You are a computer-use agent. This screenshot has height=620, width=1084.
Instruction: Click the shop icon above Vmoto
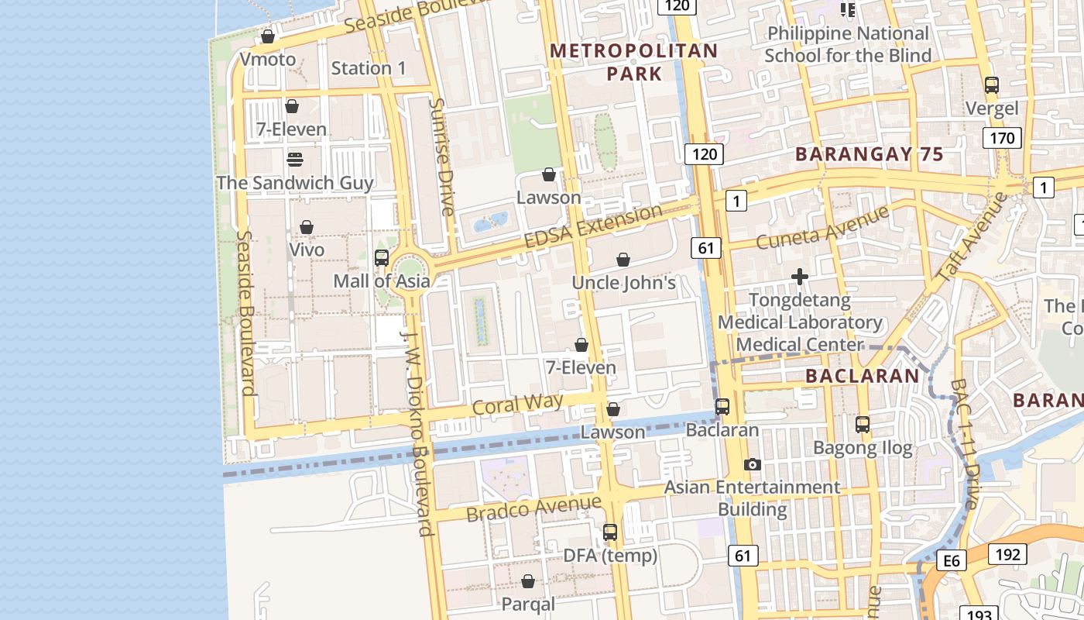(x=268, y=36)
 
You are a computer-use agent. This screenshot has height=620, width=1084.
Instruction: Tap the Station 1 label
(x=369, y=68)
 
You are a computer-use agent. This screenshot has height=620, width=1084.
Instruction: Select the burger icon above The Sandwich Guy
(x=294, y=160)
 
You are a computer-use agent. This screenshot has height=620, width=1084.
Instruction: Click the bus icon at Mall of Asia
(x=382, y=258)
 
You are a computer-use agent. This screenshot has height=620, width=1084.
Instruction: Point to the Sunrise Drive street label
(x=442, y=157)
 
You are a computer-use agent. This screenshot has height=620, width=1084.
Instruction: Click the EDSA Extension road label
(x=593, y=226)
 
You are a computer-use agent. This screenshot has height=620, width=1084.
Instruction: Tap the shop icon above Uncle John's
(x=623, y=260)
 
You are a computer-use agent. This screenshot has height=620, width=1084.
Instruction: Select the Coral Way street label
(x=517, y=405)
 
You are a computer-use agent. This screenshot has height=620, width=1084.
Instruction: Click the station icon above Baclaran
(x=722, y=406)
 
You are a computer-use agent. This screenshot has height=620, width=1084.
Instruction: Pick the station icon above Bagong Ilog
(x=863, y=425)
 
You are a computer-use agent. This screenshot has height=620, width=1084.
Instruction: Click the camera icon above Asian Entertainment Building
(x=752, y=464)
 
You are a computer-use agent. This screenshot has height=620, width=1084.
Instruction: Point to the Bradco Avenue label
(x=533, y=508)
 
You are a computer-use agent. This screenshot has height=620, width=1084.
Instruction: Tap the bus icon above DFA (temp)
(x=610, y=532)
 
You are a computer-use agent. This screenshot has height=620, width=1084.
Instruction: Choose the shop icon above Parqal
(x=528, y=581)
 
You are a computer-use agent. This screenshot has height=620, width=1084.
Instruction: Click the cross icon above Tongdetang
(x=800, y=277)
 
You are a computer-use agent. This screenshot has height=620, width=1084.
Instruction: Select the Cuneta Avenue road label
(x=822, y=227)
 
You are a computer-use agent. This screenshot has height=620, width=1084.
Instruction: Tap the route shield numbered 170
(x=1002, y=139)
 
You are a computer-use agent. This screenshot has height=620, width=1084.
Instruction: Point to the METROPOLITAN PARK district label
(x=634, y=62)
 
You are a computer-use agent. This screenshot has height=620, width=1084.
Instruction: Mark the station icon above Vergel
(x=992, y=85)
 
